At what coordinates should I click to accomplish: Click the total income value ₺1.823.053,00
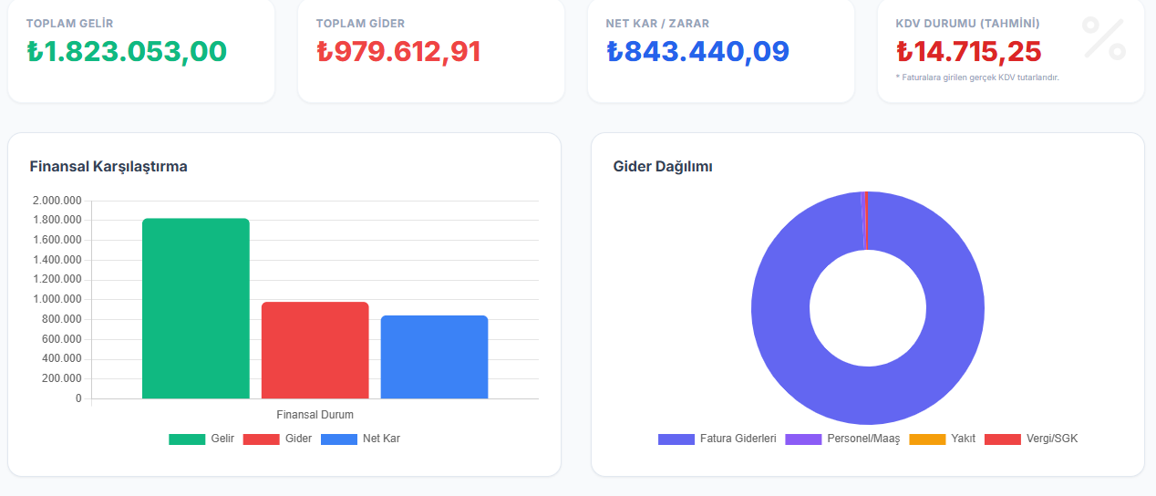click(127, 52)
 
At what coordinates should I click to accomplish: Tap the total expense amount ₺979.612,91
click(398, 52)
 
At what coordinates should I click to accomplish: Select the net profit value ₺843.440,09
click(697, 52)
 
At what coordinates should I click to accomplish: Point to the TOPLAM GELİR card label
click(70, 23)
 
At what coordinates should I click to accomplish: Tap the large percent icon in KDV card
click(1103, 38)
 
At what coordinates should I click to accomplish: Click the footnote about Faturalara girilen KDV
click(977, 77)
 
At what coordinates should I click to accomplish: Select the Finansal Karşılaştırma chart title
click(108, 167)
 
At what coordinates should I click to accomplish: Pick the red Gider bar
click(315, 350)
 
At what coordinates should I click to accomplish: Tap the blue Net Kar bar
click(434, 356)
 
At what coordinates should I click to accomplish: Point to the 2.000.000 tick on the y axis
click(57, 201)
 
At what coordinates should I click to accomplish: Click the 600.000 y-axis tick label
click(62, 339)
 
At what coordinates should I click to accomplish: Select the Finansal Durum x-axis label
click(315, 415)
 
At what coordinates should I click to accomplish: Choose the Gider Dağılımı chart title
click(663, 167)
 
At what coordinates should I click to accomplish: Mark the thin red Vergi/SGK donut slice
click(865, 220)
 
